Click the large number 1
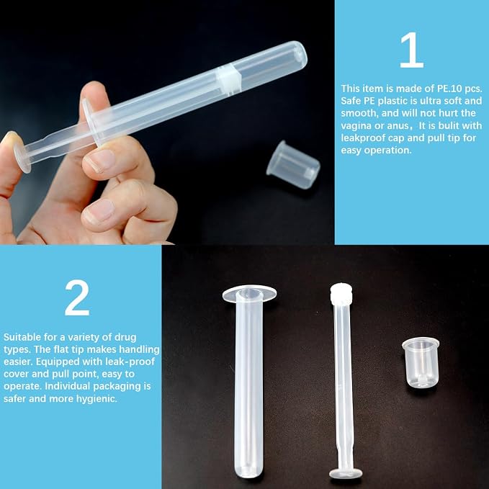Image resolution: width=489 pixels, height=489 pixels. click(x=412, y=50)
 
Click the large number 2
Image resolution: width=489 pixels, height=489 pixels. click(x=77, y=298)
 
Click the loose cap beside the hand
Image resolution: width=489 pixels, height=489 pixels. click(x=293, y=165)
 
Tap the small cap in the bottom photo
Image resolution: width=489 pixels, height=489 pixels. click(x=421, y=363)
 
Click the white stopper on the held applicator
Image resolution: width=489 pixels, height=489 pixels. click(x=229, y=80)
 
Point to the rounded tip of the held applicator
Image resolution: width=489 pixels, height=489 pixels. click(x=300, y=52)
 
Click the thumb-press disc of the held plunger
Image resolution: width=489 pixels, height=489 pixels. click(x=22, y=156)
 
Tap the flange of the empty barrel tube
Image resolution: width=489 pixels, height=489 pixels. click(x=249, y=294)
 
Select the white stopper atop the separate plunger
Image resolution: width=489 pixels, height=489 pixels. click(x=341, y=294)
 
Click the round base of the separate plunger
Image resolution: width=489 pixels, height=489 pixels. click(x=346, y=474)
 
